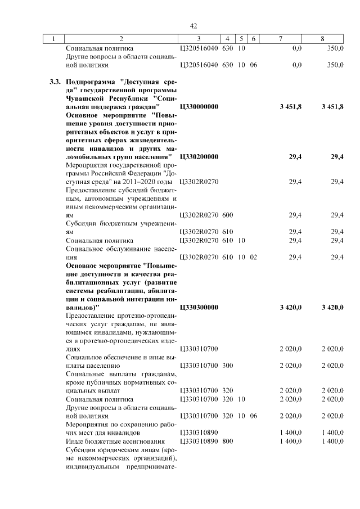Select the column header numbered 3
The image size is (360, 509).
[x=199, y=39]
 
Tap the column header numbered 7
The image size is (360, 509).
[x=281, y=39]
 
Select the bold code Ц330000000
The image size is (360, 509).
[x=199, y=106]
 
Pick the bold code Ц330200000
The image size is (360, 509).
[x=199, y=156]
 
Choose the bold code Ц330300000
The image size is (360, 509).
[x=199, y=307]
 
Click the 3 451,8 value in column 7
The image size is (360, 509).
[x=290, y=106]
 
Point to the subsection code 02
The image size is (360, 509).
[x=253, y=257]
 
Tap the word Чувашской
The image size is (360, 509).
[x=85, y=98]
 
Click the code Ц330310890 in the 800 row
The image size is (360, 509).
[x=199, y=441]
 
